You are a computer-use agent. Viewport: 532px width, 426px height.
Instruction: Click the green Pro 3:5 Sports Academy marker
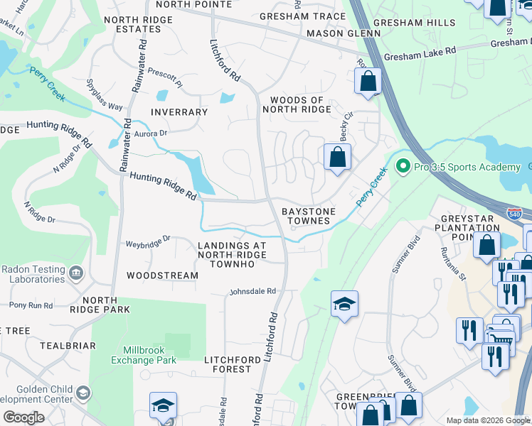tap(403, 167)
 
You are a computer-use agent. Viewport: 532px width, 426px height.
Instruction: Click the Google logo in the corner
tap(23, 417)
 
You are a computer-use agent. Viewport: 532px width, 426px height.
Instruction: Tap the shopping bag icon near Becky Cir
tap(337, 156)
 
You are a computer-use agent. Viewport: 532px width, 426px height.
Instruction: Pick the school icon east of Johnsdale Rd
tap(345, 304)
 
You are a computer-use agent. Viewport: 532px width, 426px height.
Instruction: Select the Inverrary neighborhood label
tap(179, 112)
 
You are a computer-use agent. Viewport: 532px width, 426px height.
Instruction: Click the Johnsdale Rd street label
tap(252, 291)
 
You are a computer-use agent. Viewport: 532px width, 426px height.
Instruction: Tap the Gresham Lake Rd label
tap(420, 53)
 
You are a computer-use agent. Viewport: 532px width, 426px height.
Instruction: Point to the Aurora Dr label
tap(149, 133)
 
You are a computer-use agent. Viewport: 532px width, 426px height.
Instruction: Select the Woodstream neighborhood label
tap(162, 275)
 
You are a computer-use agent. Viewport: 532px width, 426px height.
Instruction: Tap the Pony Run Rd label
tap(31, 305)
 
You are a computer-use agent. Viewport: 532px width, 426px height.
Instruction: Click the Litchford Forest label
tap(228, 364)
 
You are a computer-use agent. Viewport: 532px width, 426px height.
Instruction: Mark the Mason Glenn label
tap(334, 33)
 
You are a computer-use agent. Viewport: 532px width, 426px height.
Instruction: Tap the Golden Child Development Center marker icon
tap(83, 393)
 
